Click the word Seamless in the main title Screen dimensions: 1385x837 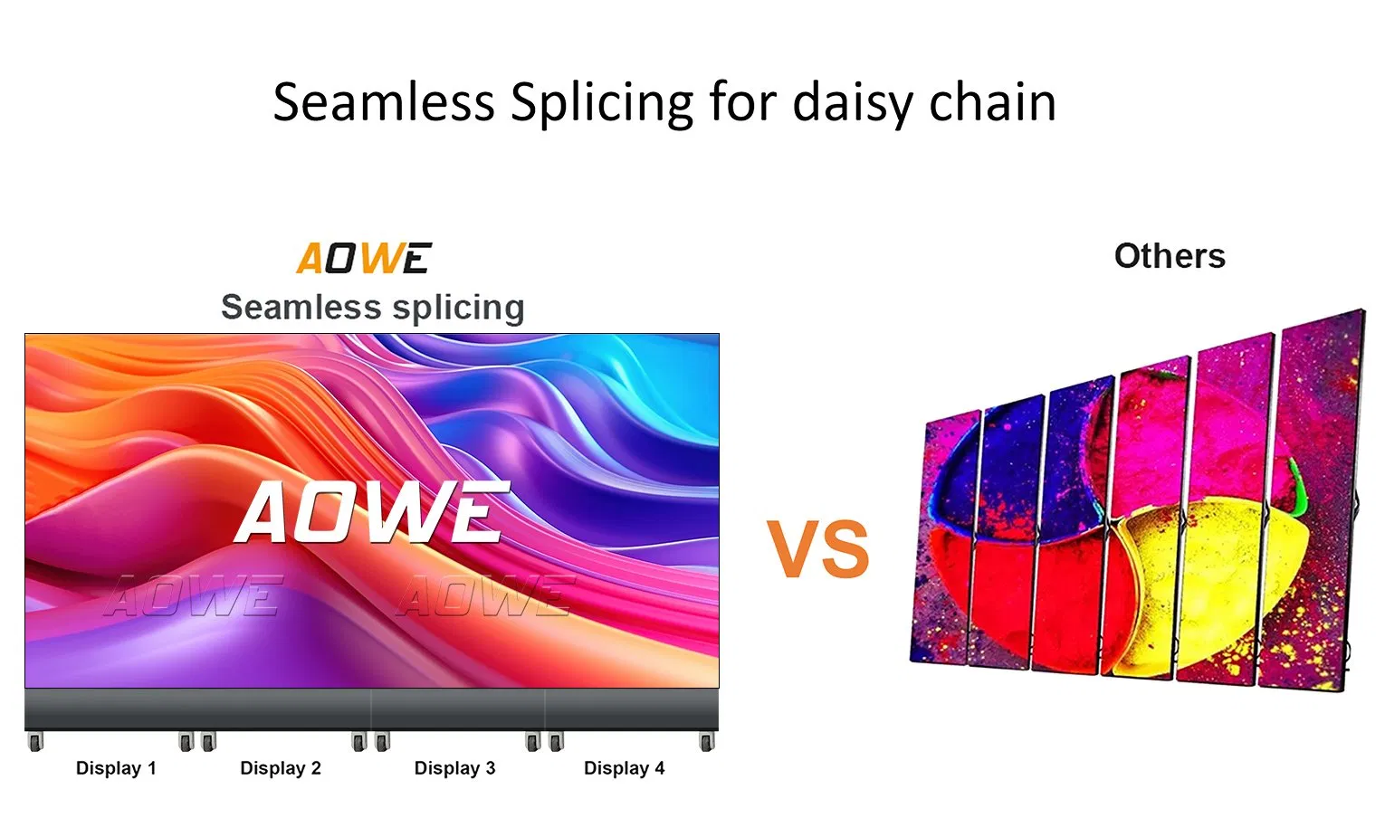coord(384,102)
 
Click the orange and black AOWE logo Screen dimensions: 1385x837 coord(364,258)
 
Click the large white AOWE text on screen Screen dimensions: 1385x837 coord(372,512)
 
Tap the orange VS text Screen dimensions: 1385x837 coord(818,548)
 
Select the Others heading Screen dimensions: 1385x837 coord(1170,256)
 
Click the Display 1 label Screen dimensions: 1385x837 coord(116,767)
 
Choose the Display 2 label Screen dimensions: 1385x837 coord(281,767)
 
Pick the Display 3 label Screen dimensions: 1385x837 coord(454,767)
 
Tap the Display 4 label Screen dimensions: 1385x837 coord(625,767)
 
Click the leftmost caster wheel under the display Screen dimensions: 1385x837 coord(36,741)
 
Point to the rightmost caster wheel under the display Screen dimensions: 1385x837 coord(707,741)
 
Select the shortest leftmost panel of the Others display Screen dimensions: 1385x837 coord(944,537)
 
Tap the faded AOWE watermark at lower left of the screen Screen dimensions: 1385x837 coord(194,596)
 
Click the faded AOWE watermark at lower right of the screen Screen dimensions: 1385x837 coord(486,596)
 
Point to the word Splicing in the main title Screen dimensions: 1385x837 coord(603,104)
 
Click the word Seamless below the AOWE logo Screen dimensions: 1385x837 coord(301,308)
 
